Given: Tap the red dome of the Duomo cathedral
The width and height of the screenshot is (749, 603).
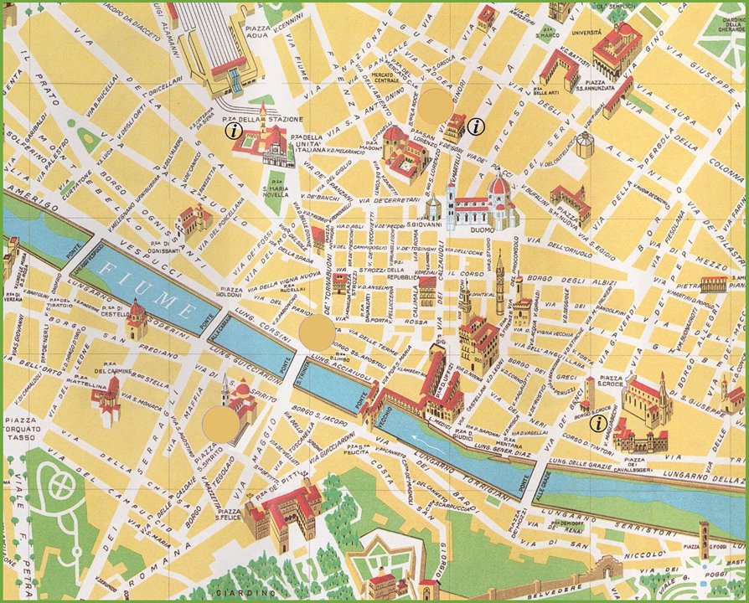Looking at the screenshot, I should click(499, 186).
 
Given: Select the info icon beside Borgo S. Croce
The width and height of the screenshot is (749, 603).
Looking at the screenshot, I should click(597, 424).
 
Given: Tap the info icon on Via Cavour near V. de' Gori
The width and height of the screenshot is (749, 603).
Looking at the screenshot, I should click(477, 127).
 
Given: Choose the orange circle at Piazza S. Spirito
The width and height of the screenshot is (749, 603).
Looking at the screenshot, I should click(220, 425).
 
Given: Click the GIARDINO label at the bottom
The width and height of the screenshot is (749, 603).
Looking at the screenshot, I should click(251, 595).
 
